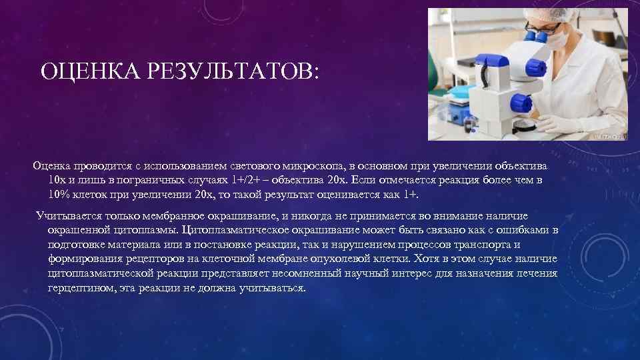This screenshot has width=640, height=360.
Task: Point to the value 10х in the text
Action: coord(57,181)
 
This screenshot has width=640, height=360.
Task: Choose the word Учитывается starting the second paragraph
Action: coord(69,216)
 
